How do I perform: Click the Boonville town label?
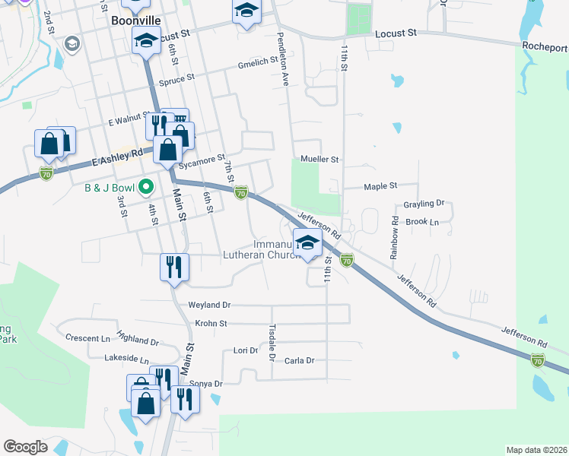click(133, 21)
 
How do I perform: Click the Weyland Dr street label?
click(209, 305)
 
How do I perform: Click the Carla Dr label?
click(299, 361)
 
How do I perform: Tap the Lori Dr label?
click(245, 351)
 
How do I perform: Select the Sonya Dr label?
click(205, 384)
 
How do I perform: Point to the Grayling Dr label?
click(424, 204)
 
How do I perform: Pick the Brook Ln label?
click(423, 222)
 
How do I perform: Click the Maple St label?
click(380, 185)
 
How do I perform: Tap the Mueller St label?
click(319, 160)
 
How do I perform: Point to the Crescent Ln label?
click(88, 337)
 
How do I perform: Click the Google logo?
click(25, 447)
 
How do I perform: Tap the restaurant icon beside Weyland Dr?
click(174, 267)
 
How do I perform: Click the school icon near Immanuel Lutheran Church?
click(307, 243)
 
